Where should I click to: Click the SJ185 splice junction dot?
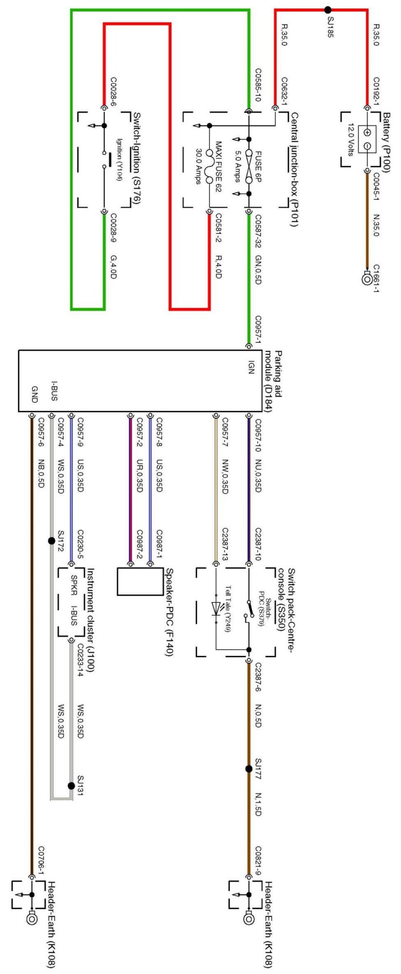click(x=328, y=9)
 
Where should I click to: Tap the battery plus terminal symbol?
click(x=367, y=132)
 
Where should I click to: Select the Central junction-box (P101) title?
click(x=293, y=169)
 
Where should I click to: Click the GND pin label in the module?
click(x=35, y=394)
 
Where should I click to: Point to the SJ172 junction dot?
click(x=52, y=541)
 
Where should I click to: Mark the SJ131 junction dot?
click(x=72, y=786)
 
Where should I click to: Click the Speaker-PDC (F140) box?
click(x=140, y=581)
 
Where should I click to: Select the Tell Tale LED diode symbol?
click(x=216, y=608)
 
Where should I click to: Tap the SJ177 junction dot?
click(x=249, y=769)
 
